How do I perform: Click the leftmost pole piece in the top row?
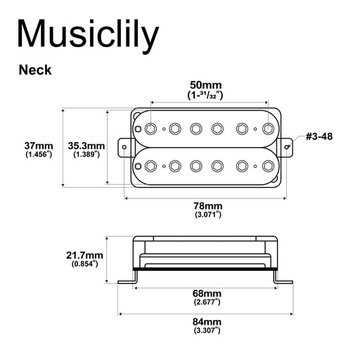[x=151, y=128]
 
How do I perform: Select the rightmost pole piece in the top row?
[x=267, y=128]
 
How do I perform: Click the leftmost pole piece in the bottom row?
[x=151, y=165]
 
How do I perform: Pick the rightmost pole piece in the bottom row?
[x=267, y=165]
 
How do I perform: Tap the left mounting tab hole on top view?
[x=127, y=147]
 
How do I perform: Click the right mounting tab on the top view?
[x=288, y=146]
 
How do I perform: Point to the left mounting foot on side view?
[x=127, y=283]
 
